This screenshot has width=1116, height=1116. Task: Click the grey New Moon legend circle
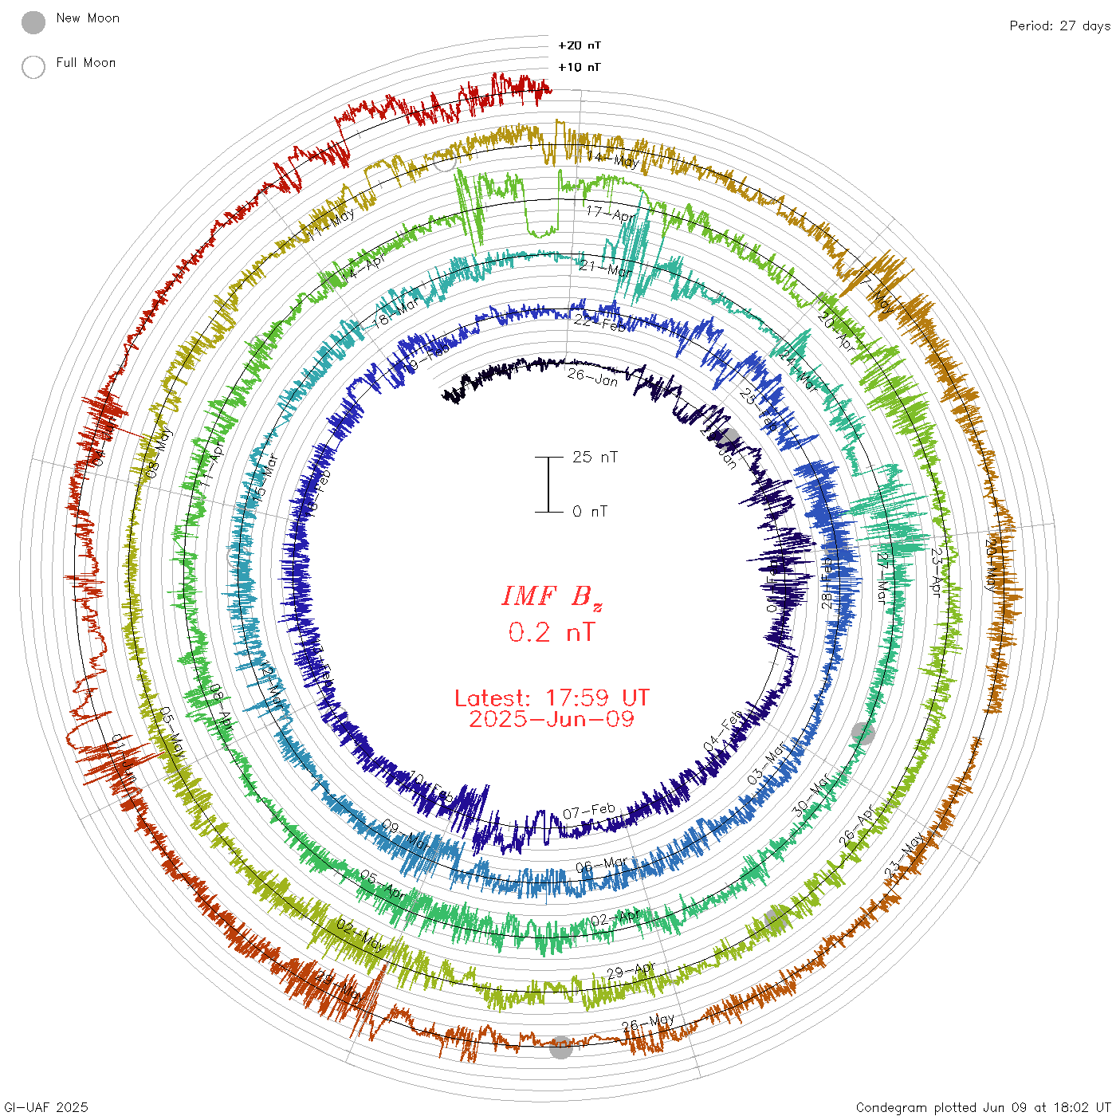click(33, 23)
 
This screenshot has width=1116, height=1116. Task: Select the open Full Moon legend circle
click(33, 68)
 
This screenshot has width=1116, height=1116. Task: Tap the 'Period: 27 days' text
click(1059, 26)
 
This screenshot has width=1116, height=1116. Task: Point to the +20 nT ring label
click(580, 46)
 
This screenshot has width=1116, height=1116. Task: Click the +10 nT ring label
click(580, 68)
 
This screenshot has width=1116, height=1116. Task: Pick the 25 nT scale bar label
click(595, 458)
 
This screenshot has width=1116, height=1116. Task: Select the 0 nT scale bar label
click(590, 512)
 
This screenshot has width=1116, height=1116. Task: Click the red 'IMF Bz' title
click(552, 596)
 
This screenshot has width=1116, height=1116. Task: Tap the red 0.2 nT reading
click(552, 633)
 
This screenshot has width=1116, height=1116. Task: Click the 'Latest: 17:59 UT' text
click(552, 698)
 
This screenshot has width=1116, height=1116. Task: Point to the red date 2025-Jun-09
click(552, 719)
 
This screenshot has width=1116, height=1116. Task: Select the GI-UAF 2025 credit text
click(46, 1107)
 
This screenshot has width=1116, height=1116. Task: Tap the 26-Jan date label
click(593, 376)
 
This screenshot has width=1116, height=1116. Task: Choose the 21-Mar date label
click(605, 269)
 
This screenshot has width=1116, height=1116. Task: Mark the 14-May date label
click(613, 159)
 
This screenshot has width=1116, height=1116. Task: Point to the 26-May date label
click(648, 1022)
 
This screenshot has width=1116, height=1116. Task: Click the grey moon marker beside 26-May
click(561, 1047)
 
